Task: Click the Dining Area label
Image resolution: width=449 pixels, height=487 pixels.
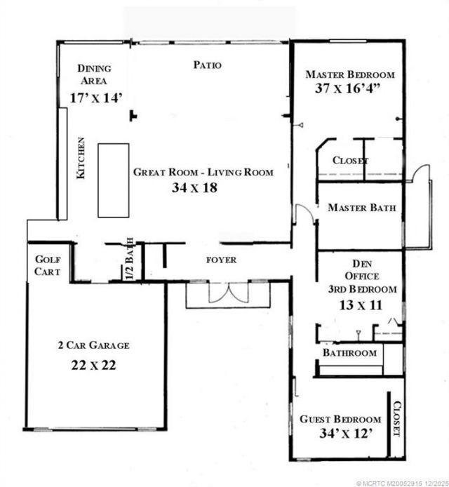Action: point(94,74)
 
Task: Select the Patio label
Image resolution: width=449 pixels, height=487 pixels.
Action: point(207,65)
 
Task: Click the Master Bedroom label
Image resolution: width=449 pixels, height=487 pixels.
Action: point(350,74)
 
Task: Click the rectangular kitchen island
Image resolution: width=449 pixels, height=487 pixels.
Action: point(113,180)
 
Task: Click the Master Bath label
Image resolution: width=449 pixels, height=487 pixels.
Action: point(361,208)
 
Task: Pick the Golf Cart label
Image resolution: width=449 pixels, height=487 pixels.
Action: point(47,266)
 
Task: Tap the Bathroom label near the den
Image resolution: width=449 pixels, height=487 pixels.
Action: point(349,353)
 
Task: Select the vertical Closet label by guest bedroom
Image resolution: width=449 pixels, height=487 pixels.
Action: point(396,418)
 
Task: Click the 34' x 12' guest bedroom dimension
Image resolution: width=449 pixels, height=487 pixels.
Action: point(341,434)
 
